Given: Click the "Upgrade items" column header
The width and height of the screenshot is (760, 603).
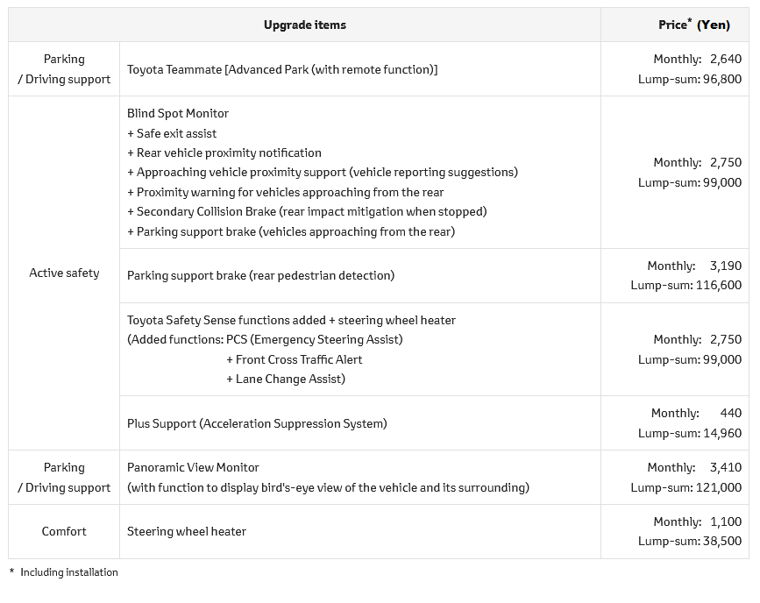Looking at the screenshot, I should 304,25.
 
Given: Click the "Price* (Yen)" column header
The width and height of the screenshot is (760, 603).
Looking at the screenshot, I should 693,25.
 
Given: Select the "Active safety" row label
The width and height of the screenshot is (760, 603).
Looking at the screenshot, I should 64,273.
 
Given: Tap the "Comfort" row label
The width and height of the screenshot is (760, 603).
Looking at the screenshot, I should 64,531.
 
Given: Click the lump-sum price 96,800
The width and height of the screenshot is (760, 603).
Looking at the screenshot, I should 721,79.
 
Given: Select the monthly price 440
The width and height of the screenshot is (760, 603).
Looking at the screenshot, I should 730,413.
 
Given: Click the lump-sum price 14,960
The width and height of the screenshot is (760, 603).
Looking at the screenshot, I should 721,433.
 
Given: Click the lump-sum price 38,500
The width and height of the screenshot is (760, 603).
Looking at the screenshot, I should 721,542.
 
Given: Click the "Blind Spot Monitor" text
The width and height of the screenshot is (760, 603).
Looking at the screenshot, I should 178,113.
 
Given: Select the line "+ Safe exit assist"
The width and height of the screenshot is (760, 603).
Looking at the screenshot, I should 172,133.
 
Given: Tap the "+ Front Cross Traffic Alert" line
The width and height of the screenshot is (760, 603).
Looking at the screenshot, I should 294,359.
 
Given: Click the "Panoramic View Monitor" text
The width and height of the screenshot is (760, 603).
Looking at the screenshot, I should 193,467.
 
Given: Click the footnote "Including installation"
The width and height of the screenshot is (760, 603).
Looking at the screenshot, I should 68,572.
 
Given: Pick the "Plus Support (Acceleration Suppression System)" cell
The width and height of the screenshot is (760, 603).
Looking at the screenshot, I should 257,423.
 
